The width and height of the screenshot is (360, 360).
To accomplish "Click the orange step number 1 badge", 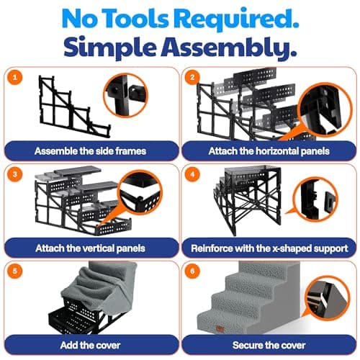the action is [15, 77].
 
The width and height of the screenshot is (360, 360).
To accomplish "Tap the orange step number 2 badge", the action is [192, 77].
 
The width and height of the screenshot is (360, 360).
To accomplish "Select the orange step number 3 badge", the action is [15, 174].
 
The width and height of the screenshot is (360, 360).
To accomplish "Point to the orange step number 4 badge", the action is [192, 174].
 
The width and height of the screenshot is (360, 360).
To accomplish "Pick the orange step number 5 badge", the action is [15, 271].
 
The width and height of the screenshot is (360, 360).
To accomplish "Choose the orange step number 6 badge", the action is [192, 271].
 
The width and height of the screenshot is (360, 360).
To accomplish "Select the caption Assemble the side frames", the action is [90, 151].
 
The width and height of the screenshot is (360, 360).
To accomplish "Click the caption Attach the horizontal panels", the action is [269, 151].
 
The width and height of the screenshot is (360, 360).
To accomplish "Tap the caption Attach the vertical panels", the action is [90, 248].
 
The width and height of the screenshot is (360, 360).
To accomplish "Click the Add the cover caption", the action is [90, 345].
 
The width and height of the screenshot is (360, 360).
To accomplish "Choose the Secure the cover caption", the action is [269, 345].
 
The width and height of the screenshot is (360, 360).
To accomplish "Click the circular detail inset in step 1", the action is [126, 95].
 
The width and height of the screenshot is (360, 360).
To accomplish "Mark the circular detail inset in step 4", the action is [315, 199].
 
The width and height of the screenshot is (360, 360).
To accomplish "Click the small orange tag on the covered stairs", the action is [220, 329].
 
